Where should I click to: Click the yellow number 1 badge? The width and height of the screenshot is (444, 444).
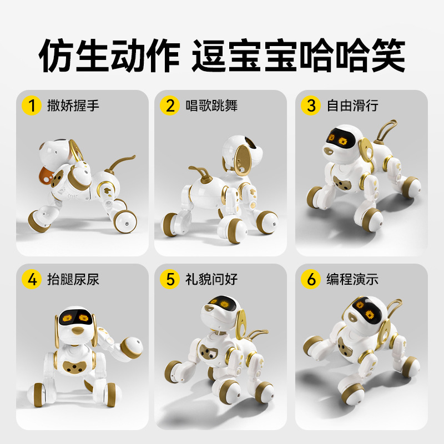click(32, 105)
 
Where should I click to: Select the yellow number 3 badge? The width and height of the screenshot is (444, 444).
click(311, 105)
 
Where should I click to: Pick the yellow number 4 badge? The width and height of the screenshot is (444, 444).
click(32, 279)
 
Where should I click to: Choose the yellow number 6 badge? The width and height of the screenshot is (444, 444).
click(311, 279)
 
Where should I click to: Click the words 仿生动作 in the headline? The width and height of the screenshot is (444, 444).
click(109, 54)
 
